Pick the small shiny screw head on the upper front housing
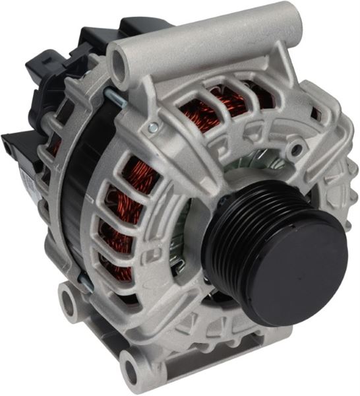tap(153, 127)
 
